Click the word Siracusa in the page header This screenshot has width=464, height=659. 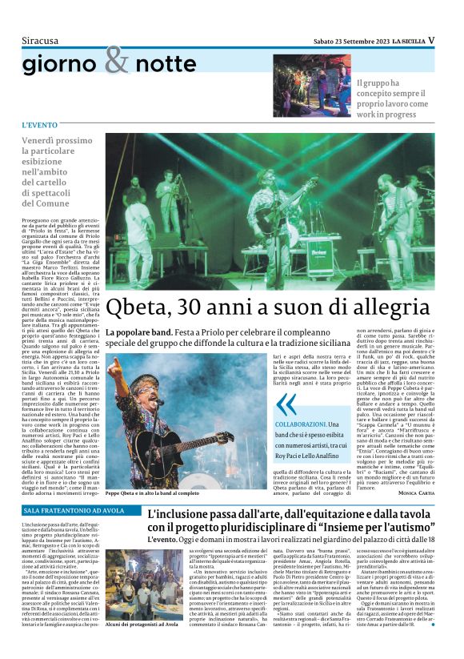coord(40,40)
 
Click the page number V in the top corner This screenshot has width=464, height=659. coord(431,39)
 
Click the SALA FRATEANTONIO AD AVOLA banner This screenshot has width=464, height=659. coord(72,510)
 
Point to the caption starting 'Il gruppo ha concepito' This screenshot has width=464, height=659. coord(394,99)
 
